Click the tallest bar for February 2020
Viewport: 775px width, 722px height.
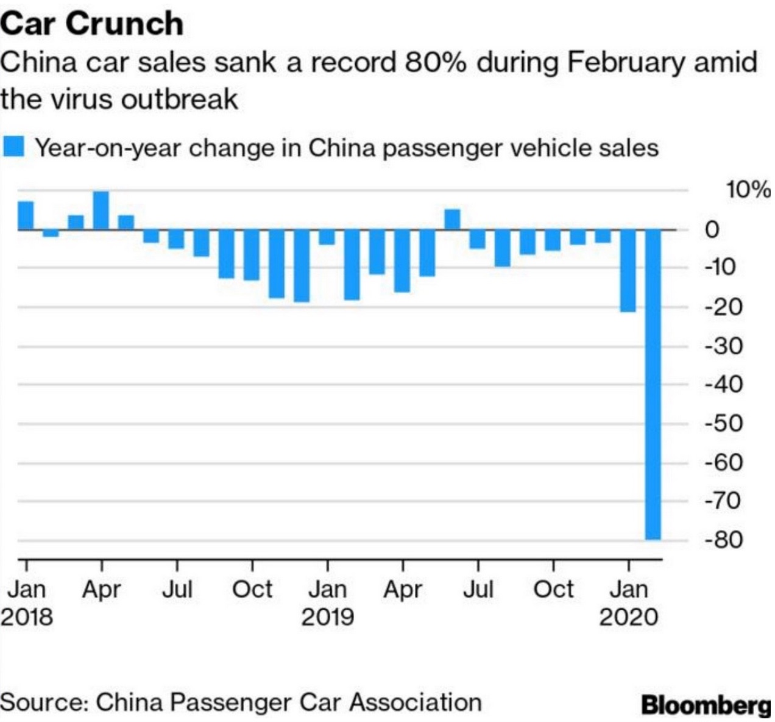[653, 384]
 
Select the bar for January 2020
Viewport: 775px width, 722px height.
[628, 271]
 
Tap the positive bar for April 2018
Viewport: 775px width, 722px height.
[101, 210]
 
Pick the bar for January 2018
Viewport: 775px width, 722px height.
[26, 215]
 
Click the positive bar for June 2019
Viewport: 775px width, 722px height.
[452, 220]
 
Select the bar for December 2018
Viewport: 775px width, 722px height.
[302, 266]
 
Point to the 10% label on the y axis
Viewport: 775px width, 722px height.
[747, 190]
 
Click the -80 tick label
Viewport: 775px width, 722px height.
[724, 540]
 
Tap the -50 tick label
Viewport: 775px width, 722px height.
[724, 423]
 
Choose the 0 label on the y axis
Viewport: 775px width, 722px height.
[712, 230]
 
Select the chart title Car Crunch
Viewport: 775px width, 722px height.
[92, 23]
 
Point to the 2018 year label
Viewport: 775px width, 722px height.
[27, 617]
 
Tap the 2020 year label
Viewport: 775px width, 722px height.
[629, 617]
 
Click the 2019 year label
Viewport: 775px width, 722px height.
[328, 617]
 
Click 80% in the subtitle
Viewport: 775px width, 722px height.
[434, 63]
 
